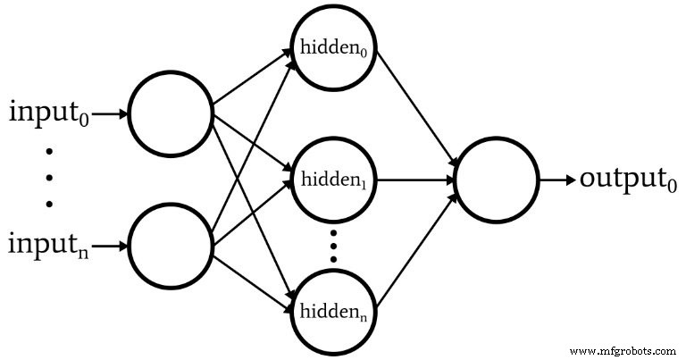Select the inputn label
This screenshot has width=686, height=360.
(x=48, y=244)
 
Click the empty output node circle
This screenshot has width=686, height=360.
(x=497, y=180)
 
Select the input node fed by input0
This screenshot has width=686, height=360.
(x=171, y=113)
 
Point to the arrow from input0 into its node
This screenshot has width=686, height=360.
(x=109, y=114)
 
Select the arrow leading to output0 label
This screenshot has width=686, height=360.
(x=556, y=180)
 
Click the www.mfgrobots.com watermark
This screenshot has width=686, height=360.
(x=623, y=350)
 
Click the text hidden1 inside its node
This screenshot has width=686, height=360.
(x=330, y=180)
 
